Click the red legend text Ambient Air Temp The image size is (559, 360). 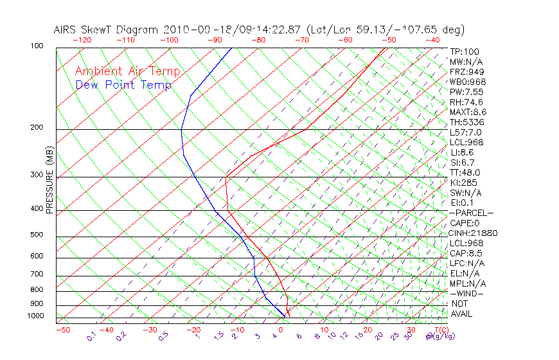coord(127,72)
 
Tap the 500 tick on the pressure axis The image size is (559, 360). coord(37,235)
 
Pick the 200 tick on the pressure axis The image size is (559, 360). coord(37,128)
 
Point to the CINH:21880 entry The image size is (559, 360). coord(474,233)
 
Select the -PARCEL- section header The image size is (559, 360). coord(471,213)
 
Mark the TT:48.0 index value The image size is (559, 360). coord(465,172)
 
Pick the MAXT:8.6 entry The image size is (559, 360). coord(466,112)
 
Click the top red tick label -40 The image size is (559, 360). coord(432,39)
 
